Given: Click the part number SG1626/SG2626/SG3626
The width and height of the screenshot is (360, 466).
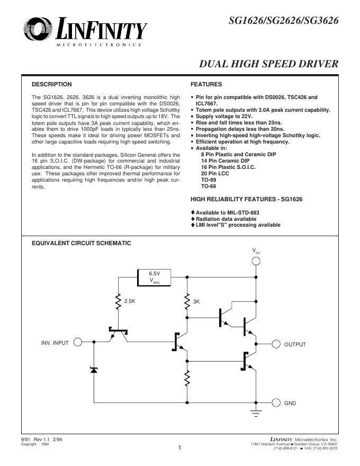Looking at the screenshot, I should pos(283,21).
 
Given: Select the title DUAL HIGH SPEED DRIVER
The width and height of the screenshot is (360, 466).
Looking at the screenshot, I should pos(268,65).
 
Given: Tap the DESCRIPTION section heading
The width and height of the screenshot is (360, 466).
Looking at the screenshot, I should pos(51,84).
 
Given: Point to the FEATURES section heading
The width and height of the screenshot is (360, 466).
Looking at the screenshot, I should pos(206,84).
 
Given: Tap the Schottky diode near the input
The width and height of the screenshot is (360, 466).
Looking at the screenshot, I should pos(94,370).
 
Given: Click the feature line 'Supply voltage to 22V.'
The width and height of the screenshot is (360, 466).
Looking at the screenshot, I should pos(224,116).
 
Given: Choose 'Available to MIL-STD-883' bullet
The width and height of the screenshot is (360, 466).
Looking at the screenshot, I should pos(228,212).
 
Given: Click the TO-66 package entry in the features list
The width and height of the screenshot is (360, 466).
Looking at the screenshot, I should pos(208,186).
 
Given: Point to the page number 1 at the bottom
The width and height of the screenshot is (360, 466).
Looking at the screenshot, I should pos(180,449).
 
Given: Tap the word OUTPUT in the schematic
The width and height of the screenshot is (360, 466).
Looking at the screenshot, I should pos(295,344).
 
